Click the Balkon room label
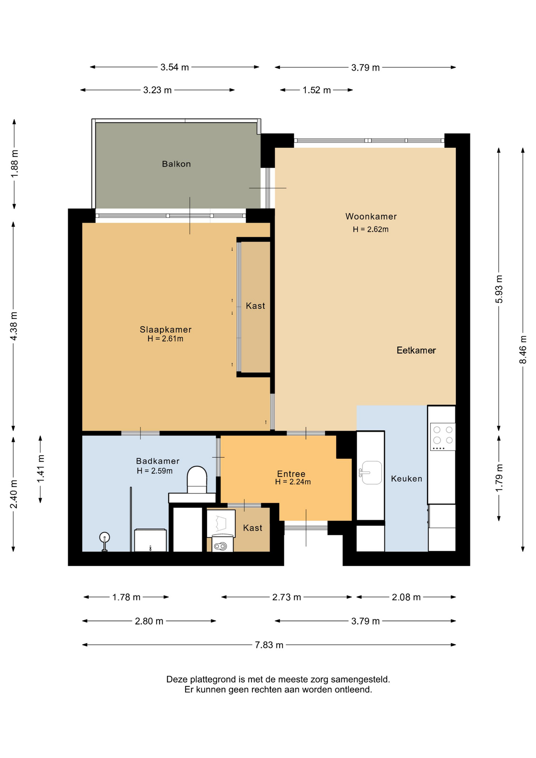point(176,164)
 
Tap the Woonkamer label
point(371,216)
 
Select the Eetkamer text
point(416,350)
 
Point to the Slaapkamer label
point(165,329)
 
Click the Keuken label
point(407,478)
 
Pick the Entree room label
point(291,474)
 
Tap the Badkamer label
point(157,461)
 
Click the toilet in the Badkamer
point(197,480)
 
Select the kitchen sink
point(371,472)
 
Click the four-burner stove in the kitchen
point(443,437)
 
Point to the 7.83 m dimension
point(269,645)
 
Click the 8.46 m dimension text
point(523,350)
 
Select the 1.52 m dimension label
point(317,90)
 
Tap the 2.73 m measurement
point(287,597)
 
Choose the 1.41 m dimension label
point(41,469)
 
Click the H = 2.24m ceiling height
point(293,482)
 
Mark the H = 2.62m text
point(371,229)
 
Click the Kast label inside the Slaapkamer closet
point(255,306)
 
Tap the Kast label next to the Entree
point(253,528)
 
